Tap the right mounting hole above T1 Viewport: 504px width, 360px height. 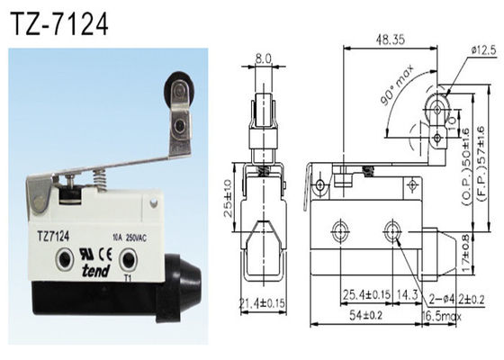click(x=129, y=261)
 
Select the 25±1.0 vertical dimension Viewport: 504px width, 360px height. click(x=230, y=193)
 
